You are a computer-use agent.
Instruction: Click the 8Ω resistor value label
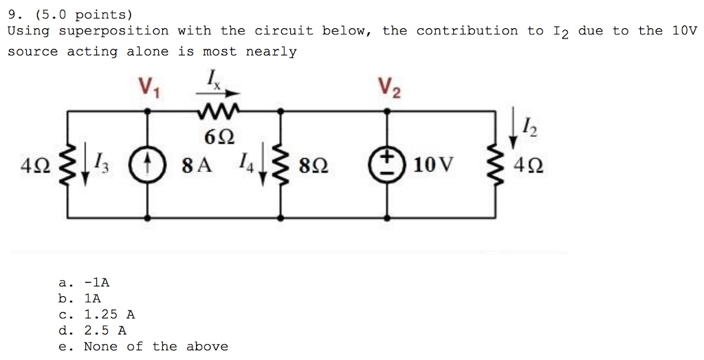coord(313,165)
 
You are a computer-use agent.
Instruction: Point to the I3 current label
coord(101,164)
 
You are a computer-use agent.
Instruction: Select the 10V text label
coord(434,165)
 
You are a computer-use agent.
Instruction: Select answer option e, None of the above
coord(144,346)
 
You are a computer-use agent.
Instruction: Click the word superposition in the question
coord(113,31)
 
